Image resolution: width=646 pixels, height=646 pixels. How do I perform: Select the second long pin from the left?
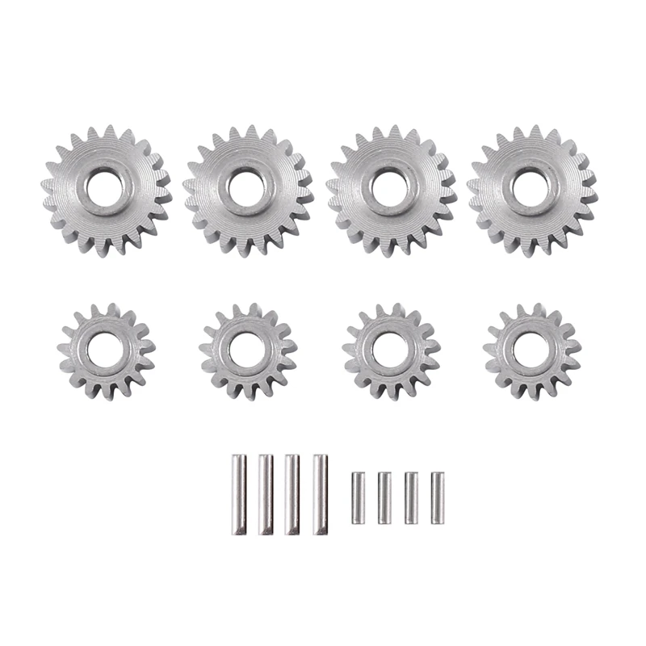pos(266,494)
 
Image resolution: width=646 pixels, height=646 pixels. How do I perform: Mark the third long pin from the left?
pos(292,494)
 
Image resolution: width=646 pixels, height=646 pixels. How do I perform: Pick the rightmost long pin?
pos(320,494)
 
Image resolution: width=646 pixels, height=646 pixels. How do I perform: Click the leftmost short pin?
pos(358,498)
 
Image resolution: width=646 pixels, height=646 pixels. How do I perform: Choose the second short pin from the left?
pos(384,498)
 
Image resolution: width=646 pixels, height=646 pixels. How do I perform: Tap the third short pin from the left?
pos(411,498)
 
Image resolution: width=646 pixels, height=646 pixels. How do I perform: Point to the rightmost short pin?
pos(438,498)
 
